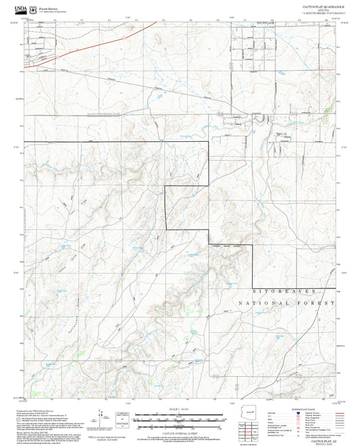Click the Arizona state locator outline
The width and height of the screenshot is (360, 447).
pos(252,413)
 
